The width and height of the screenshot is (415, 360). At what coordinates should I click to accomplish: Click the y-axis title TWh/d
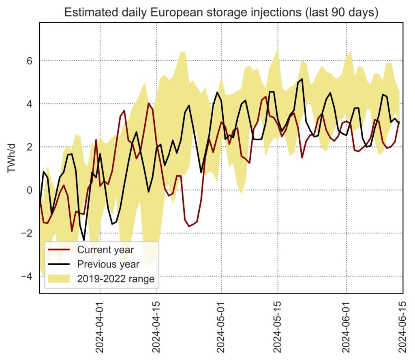12,158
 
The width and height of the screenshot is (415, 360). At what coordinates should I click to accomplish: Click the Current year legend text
105,249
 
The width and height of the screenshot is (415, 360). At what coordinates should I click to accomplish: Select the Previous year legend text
108,264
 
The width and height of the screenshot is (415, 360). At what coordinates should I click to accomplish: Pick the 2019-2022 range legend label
116,279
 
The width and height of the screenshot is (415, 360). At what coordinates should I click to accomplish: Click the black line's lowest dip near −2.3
84,240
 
